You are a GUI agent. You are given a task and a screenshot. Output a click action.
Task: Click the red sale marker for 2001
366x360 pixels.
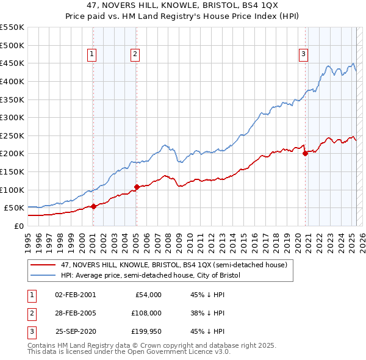click(93, 206)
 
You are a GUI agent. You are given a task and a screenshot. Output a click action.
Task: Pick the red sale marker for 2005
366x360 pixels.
click(137, 187)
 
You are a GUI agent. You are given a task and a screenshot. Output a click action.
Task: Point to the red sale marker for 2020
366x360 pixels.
click(305, 154)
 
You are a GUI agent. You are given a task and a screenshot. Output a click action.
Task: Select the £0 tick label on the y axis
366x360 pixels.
click(19, 226)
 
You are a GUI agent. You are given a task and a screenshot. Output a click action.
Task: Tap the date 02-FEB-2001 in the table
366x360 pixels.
click(76, 295)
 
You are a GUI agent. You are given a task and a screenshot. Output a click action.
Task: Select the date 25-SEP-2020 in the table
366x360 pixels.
click(76, 331)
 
